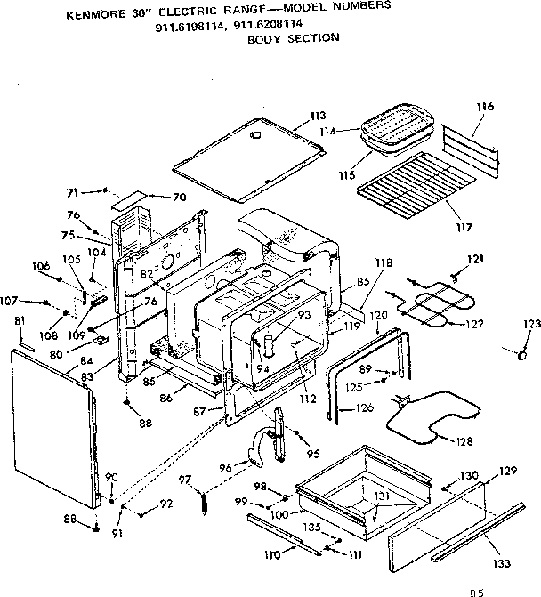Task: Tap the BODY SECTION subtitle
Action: click(280, 39)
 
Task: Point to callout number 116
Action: click(484, 107)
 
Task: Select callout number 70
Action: click(179, 197)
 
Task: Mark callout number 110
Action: click(272, 554)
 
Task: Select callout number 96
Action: click(226, 467)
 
